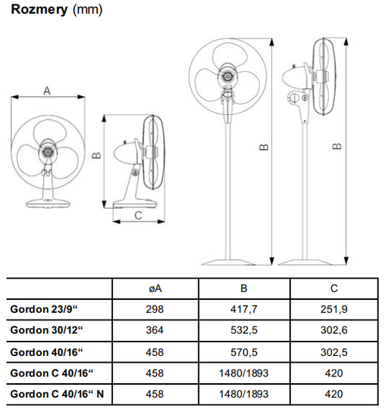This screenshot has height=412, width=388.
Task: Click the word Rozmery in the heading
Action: coord(39,10)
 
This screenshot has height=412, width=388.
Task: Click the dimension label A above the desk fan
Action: coord(47,91)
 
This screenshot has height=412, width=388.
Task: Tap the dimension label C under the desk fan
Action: coord(138,215)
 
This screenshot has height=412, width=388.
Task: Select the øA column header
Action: coord(155,289)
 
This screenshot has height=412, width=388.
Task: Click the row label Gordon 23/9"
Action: coord(44,309)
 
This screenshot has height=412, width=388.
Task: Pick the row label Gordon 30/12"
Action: coord(46,330)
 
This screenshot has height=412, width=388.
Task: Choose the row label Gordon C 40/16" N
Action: coord(57,394)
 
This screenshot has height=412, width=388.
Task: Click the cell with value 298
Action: coord(155,309)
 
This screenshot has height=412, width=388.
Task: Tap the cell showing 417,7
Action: coord(244,309)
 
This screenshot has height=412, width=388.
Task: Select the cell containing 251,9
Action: coord(334,309)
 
